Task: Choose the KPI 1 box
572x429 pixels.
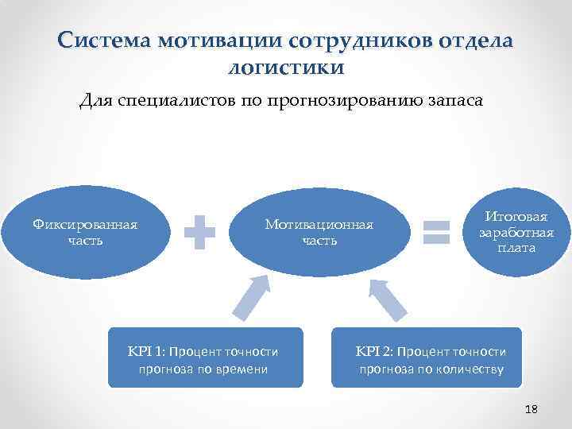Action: (x=205, y=357)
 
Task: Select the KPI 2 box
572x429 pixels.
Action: (x=427, y=357)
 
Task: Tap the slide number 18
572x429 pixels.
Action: (x=531, y=409)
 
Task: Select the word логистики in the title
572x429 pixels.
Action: (x=286, y=68)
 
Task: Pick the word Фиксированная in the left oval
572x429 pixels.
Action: (x=85, y=224)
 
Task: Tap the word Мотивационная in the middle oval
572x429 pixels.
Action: (x=319, y=224)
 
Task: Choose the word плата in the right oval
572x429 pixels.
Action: (x=516, y=248)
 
